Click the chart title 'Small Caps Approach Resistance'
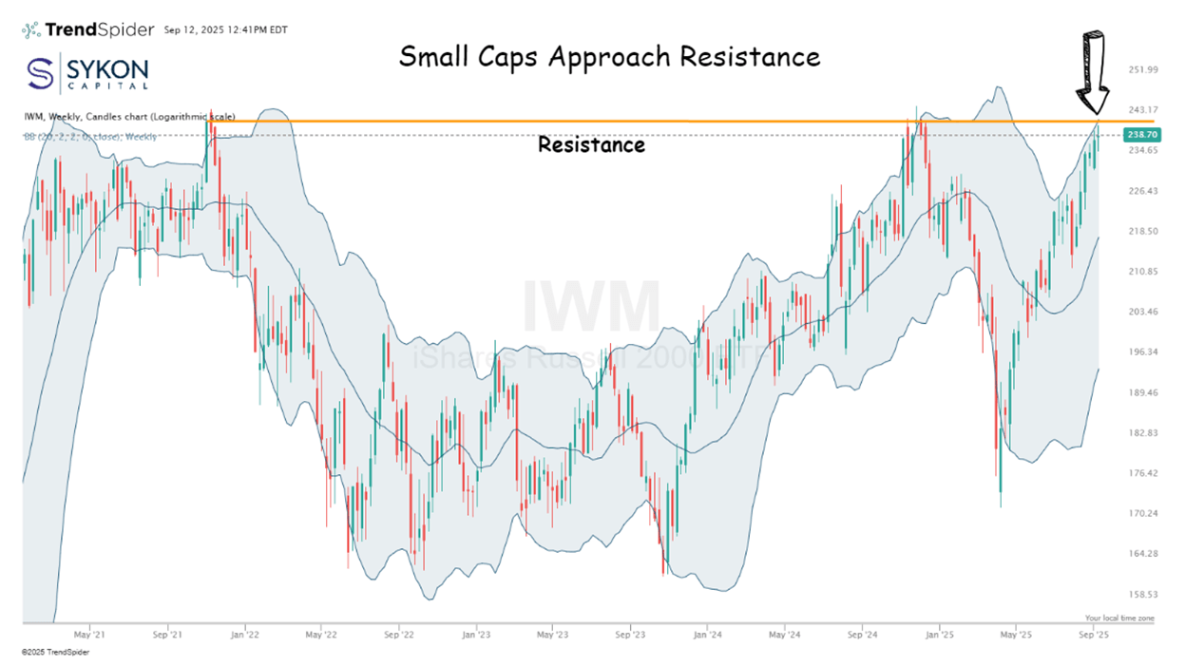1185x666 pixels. point(609,56)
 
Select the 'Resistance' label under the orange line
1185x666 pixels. point(591,145)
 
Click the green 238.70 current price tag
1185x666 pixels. point(1138,135)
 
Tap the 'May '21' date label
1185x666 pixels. point(87,632)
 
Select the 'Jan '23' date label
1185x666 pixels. point(476,632)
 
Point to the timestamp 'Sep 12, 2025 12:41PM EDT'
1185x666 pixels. point(226,30)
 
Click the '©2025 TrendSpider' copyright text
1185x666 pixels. point(57,653)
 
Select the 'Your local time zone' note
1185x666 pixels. point(1118,618)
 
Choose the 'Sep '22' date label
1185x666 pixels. point(399,632)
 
